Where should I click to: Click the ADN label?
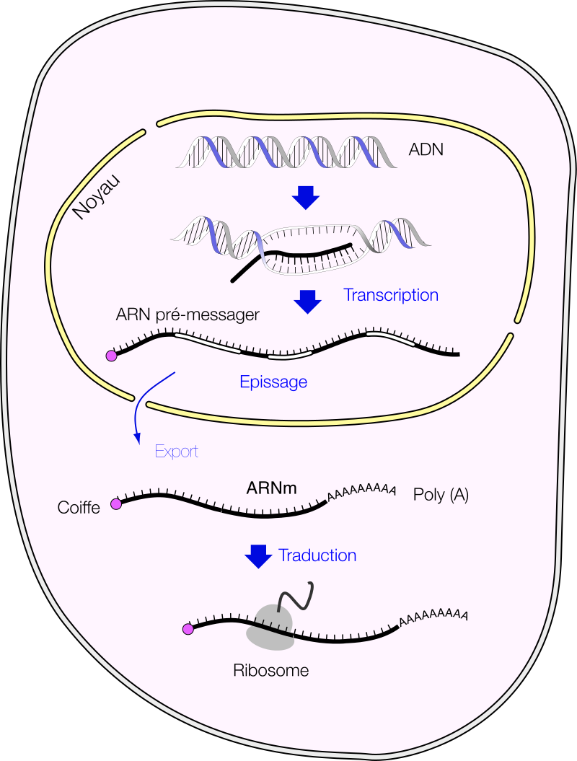tap(426, 150)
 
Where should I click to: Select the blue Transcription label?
tap(391, 295)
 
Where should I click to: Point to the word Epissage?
tap(273, 382)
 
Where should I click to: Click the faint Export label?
tap(177, 452)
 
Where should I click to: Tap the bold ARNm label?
tap(271, 488)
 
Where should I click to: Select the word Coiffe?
tap(79, 508)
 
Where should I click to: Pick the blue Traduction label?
tap(317, 555)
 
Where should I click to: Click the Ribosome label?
tap(271, 670)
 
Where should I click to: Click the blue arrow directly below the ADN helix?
tap(308, 197)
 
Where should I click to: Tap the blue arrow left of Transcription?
tap(309, 301)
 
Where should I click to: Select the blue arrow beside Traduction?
tap(258, 556)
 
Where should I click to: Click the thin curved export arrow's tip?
tap(136, 442)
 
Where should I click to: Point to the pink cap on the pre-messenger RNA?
tap(112, 356)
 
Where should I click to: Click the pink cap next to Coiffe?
tap(115, 505)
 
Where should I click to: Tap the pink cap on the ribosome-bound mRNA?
tap(188, 629)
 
